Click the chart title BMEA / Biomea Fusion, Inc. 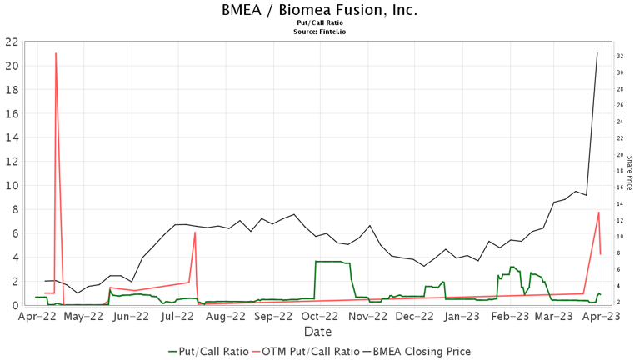[x=320, y=11]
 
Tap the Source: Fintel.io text [x=320, y=32]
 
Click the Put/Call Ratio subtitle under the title [x=320, y=23]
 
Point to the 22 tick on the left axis [x=12, y=42]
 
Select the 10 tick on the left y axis [x=12, y=186]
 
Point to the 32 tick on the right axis [x=621, y=56]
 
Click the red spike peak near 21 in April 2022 [x=56, y=53]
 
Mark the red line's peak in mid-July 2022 [x=195, y=232]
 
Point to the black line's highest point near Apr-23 [x=597, y=53]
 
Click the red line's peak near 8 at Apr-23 [x=598, y=212]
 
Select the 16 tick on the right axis [x=621, y=187]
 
